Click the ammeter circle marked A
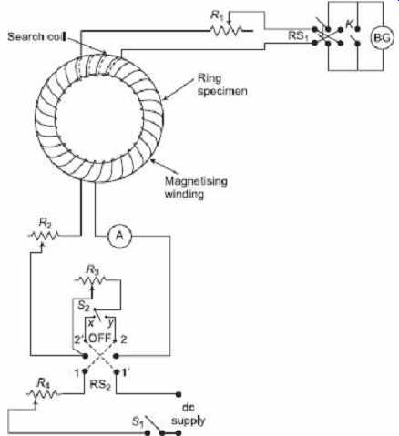(119, 236)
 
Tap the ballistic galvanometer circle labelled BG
(381, 38)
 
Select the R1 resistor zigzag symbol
(226, 30)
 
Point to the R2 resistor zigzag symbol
(44, 236)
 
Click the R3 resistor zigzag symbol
(91, 280)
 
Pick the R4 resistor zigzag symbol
(43, 394)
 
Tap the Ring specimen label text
(222, 85)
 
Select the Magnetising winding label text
(196, 188)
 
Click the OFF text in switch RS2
(99, 338)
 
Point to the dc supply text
(189, 414)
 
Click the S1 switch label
(138, 421)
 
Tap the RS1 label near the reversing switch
(296, 35)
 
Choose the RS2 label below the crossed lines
(100, 385)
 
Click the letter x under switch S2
(91, 323)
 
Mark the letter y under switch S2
(110, 323)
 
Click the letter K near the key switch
(350, 24)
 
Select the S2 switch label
(84, 306)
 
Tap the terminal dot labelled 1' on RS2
(117, 371)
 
